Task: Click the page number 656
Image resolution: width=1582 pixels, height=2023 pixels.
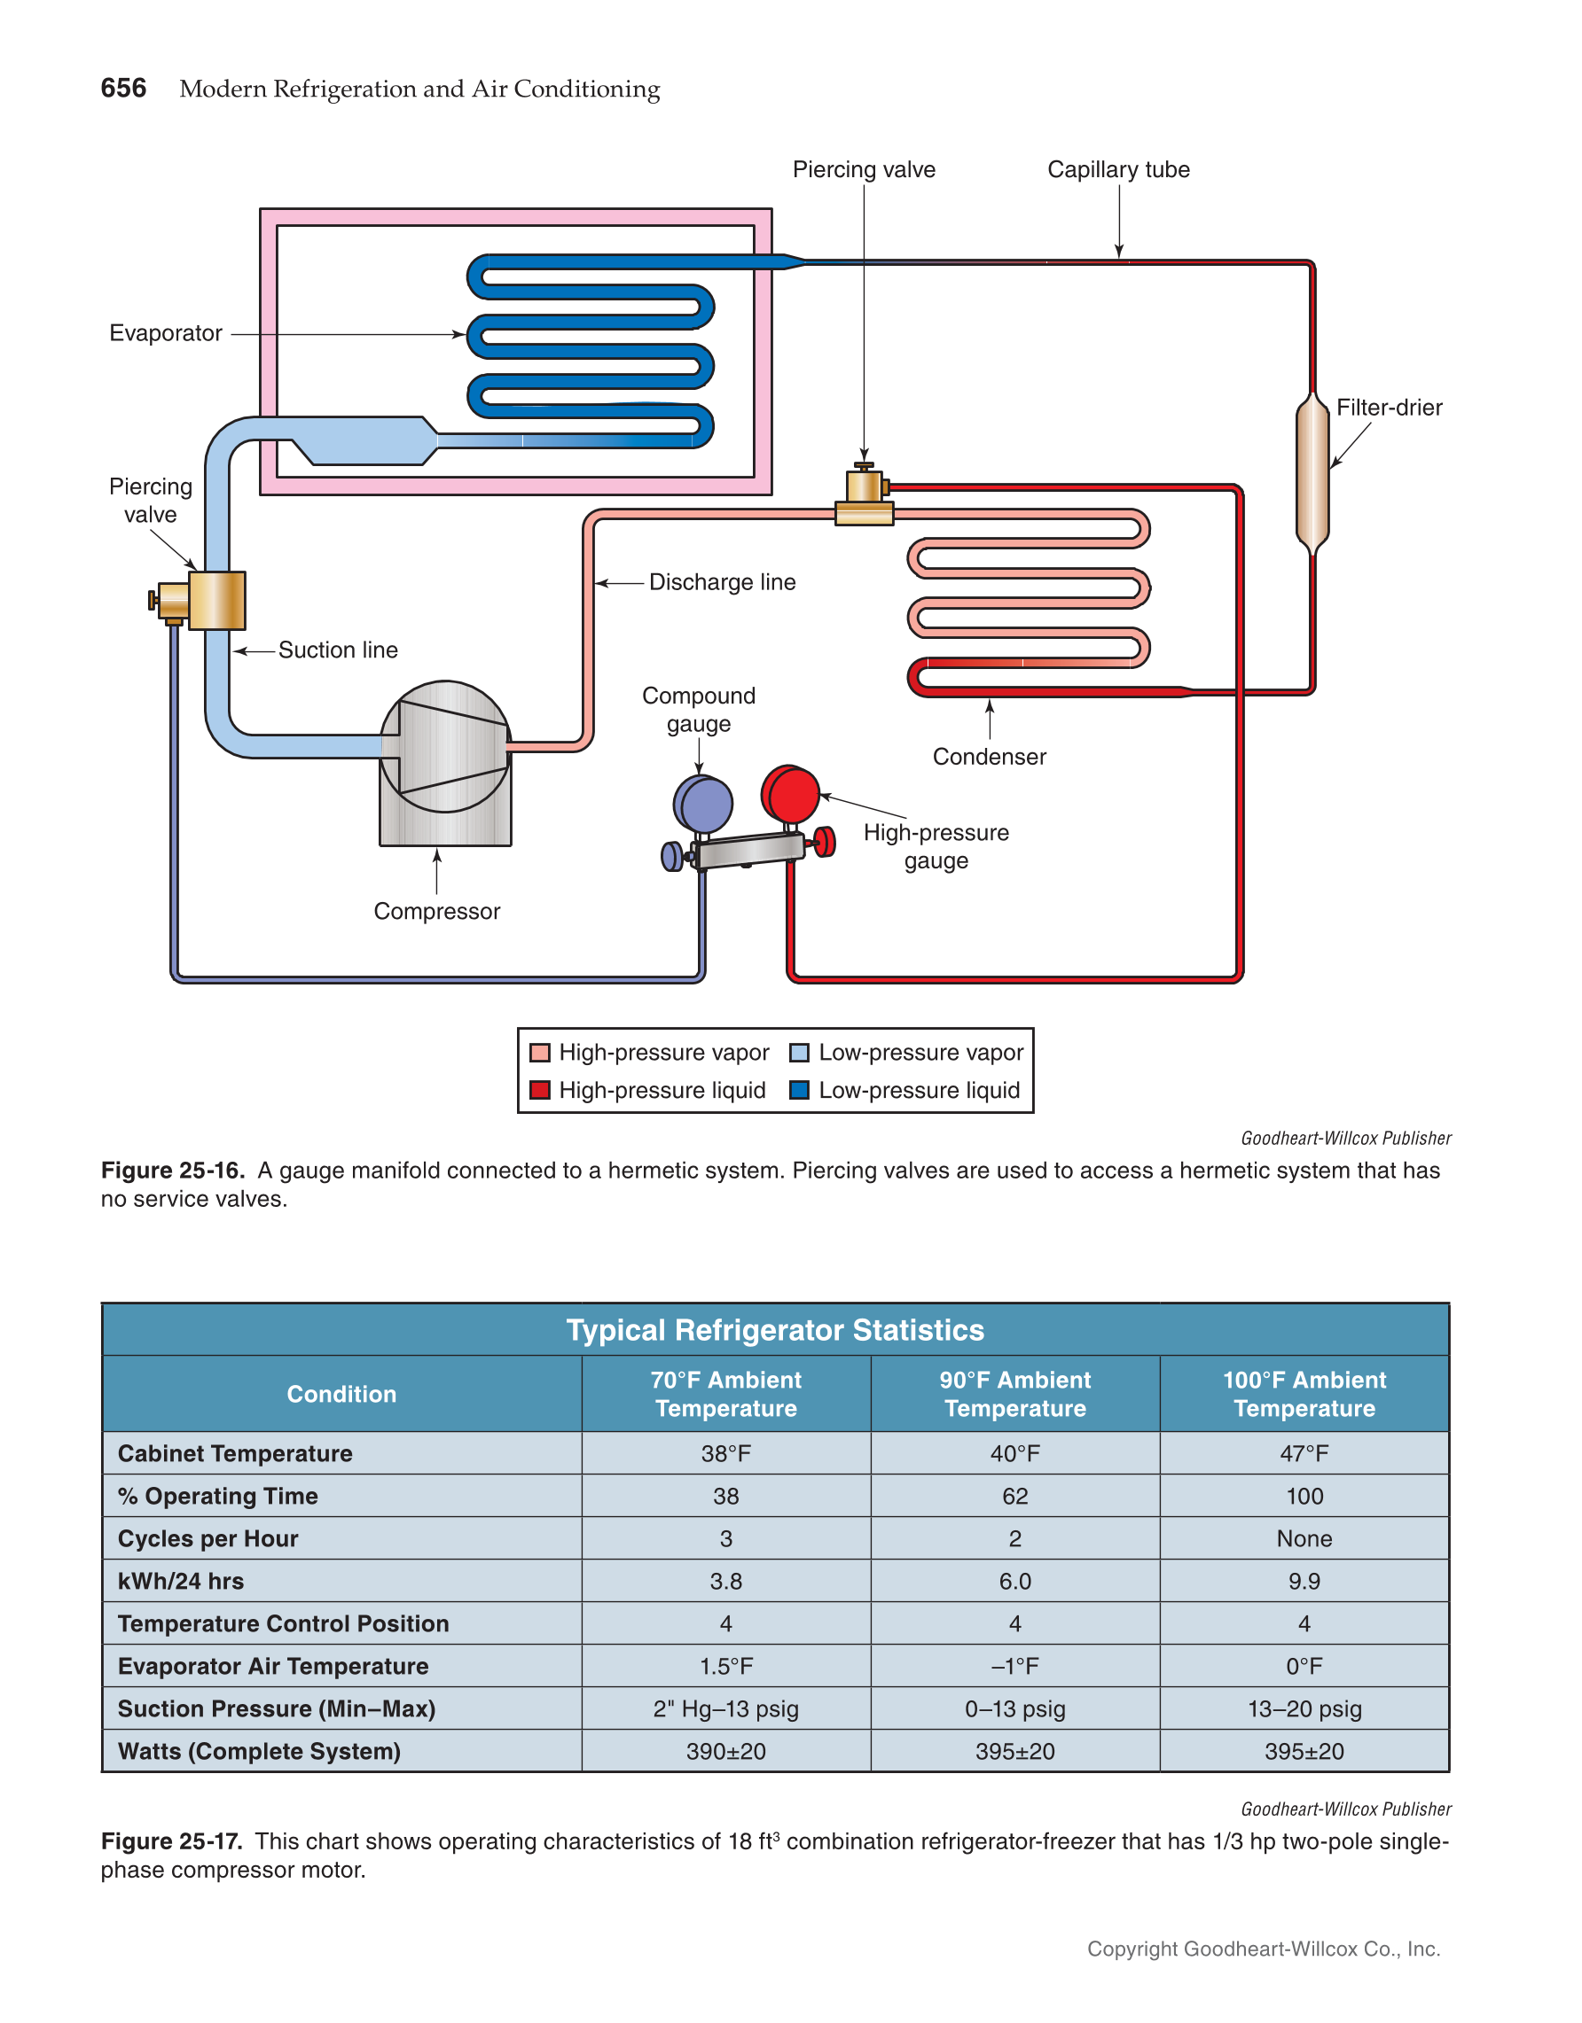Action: click(123, 88)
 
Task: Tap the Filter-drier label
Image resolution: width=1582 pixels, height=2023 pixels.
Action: click(1389, 408)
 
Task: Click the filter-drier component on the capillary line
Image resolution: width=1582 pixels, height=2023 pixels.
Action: click(1312, 473)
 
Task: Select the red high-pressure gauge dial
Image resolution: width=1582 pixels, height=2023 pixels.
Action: click(790, 794)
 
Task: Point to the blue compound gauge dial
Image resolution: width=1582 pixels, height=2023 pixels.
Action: click(704, 804)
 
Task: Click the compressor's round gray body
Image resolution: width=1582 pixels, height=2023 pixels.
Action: click(445, 747)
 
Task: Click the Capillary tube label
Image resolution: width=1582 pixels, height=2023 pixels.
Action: click(1117, 169)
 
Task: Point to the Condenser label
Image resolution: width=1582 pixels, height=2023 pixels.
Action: click(989, 757)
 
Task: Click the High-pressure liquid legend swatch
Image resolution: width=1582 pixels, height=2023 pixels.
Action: click(539, 1090)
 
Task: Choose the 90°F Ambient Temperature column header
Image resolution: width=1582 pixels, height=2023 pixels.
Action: click(1014, 1394)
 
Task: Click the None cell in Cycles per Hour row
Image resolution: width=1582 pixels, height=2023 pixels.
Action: click(1304, 1538)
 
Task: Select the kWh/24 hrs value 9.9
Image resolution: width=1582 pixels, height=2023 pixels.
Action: click(1304, 1581)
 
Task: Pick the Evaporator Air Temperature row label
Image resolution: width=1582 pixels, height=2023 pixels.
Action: click(273, 1667)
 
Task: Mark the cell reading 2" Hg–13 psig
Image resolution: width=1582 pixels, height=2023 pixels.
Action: click(725, 1709)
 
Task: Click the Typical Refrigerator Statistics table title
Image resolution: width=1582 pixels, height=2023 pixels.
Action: click(775, 1330)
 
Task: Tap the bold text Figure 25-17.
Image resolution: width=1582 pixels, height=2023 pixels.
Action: click(171, 1841)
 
